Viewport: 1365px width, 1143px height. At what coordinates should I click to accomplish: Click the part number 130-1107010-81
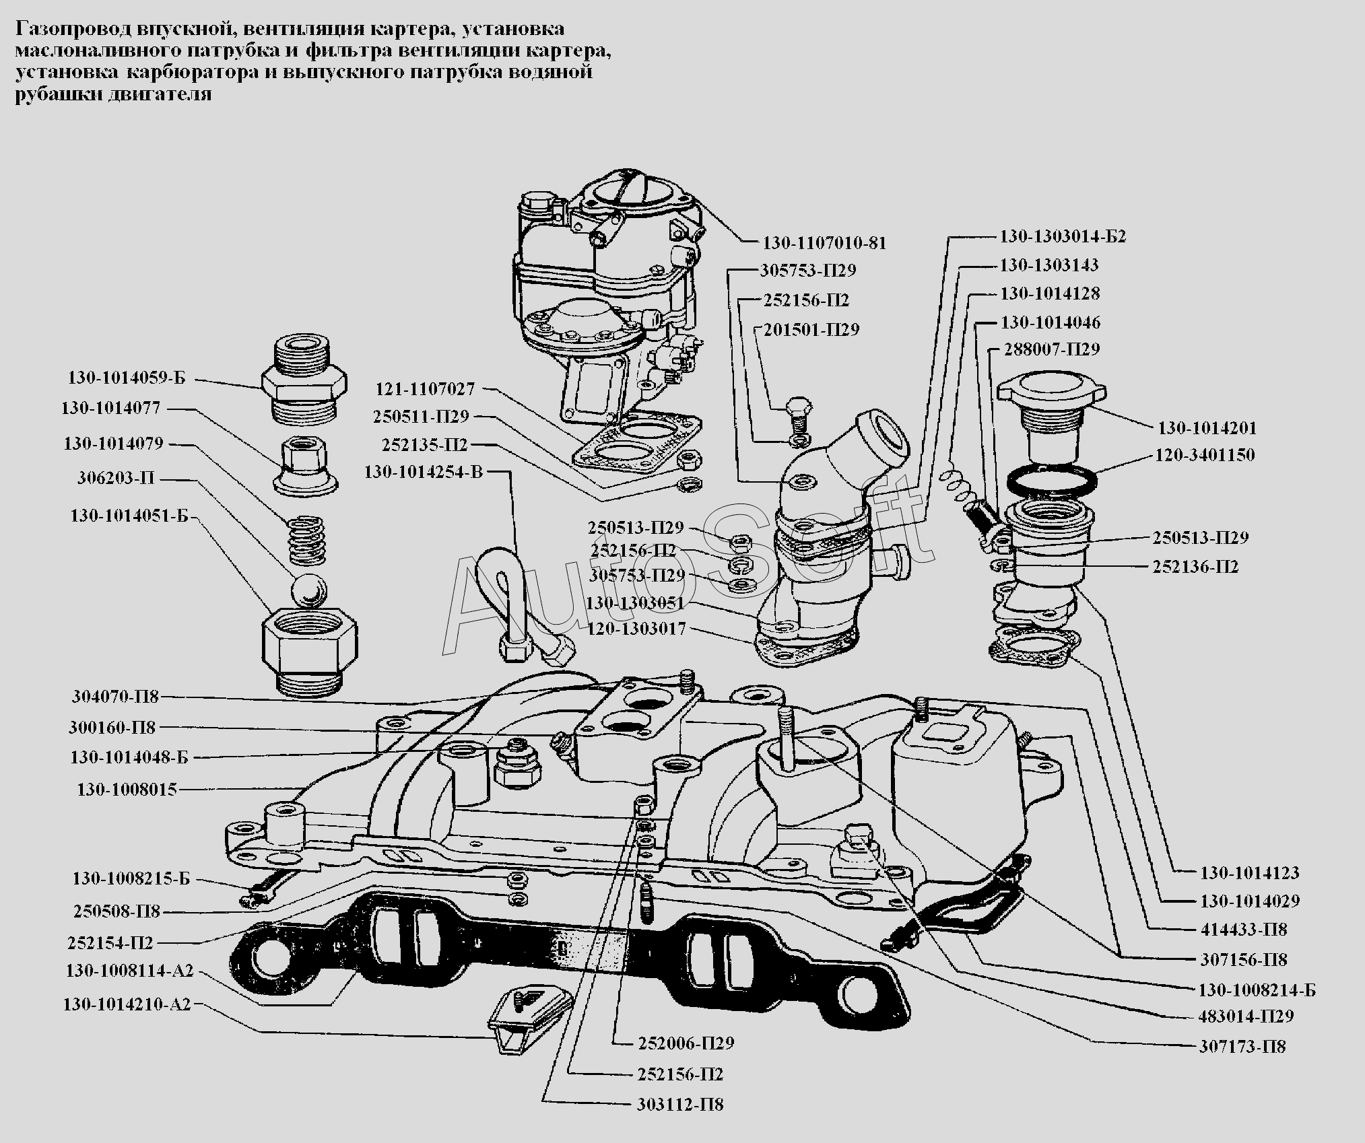click(824, 243)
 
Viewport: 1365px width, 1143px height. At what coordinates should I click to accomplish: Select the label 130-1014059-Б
click(126, 378)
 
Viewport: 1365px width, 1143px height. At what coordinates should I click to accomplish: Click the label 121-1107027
click(425, 389)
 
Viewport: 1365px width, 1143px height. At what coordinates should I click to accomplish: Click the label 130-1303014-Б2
click(1062, 237)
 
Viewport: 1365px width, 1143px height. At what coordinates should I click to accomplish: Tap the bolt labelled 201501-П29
click(796, 415)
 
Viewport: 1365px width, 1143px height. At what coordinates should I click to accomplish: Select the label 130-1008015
click(127, 790)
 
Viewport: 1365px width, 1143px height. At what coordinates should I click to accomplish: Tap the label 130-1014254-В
click(424, 472)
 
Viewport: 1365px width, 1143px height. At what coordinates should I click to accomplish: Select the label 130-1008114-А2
click(129, 971)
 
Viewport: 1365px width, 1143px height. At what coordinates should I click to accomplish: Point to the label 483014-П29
click(1246, 1016)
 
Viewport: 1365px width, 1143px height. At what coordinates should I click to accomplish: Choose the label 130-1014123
click(1249, 873)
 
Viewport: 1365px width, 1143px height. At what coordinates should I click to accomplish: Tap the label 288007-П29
click(1052, 349)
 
